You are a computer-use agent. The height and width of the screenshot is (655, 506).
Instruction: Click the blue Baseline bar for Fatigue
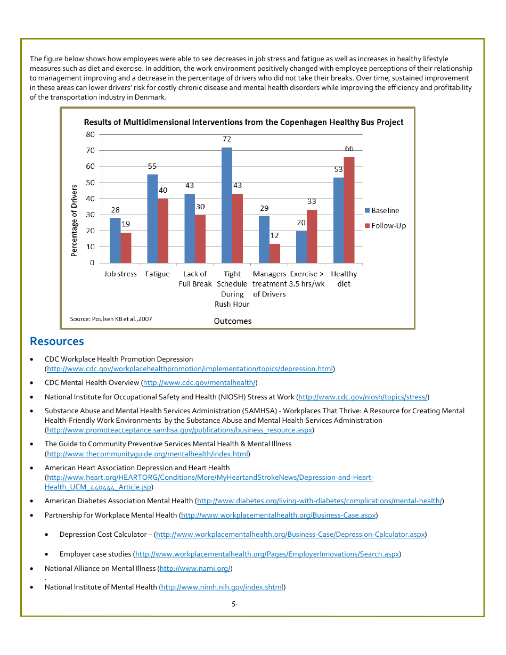tap(152, 218)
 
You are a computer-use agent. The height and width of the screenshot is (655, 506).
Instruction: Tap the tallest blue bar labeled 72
tap(227, 205)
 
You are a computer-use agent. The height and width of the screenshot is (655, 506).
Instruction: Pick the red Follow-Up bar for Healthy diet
tap(349, 210)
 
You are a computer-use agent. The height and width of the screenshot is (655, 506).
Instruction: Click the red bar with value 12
tap(275, 253)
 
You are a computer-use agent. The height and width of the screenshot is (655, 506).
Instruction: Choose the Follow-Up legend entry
tap(385, 226)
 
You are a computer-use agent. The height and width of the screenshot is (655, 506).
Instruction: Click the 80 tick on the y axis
tap(90, 134)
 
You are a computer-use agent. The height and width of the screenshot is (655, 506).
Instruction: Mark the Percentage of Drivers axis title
tap(74, 220)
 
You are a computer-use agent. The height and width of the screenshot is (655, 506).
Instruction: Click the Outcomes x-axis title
tap(233, 321)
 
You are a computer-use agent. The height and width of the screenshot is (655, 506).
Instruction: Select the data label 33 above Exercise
tap(312, 201)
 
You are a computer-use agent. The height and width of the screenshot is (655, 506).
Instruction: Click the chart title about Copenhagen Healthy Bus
tap(243, 122)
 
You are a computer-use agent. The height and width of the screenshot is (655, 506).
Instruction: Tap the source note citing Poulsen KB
tap(111, 319)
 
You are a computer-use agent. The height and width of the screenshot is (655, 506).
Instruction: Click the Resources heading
tap(57, 341)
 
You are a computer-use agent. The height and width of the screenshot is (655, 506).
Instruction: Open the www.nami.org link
tap(195, 569)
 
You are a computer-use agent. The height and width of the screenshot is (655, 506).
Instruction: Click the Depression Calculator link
tap(290, 534)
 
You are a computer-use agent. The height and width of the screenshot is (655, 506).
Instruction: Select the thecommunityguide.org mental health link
tap(148, 454)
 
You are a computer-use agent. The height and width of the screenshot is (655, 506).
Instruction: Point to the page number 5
tap(234, 604)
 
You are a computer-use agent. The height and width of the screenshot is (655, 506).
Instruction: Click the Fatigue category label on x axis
tap(157, 274)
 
